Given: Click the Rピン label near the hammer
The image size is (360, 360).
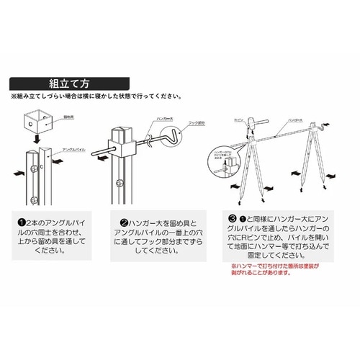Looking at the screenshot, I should [243, 114].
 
